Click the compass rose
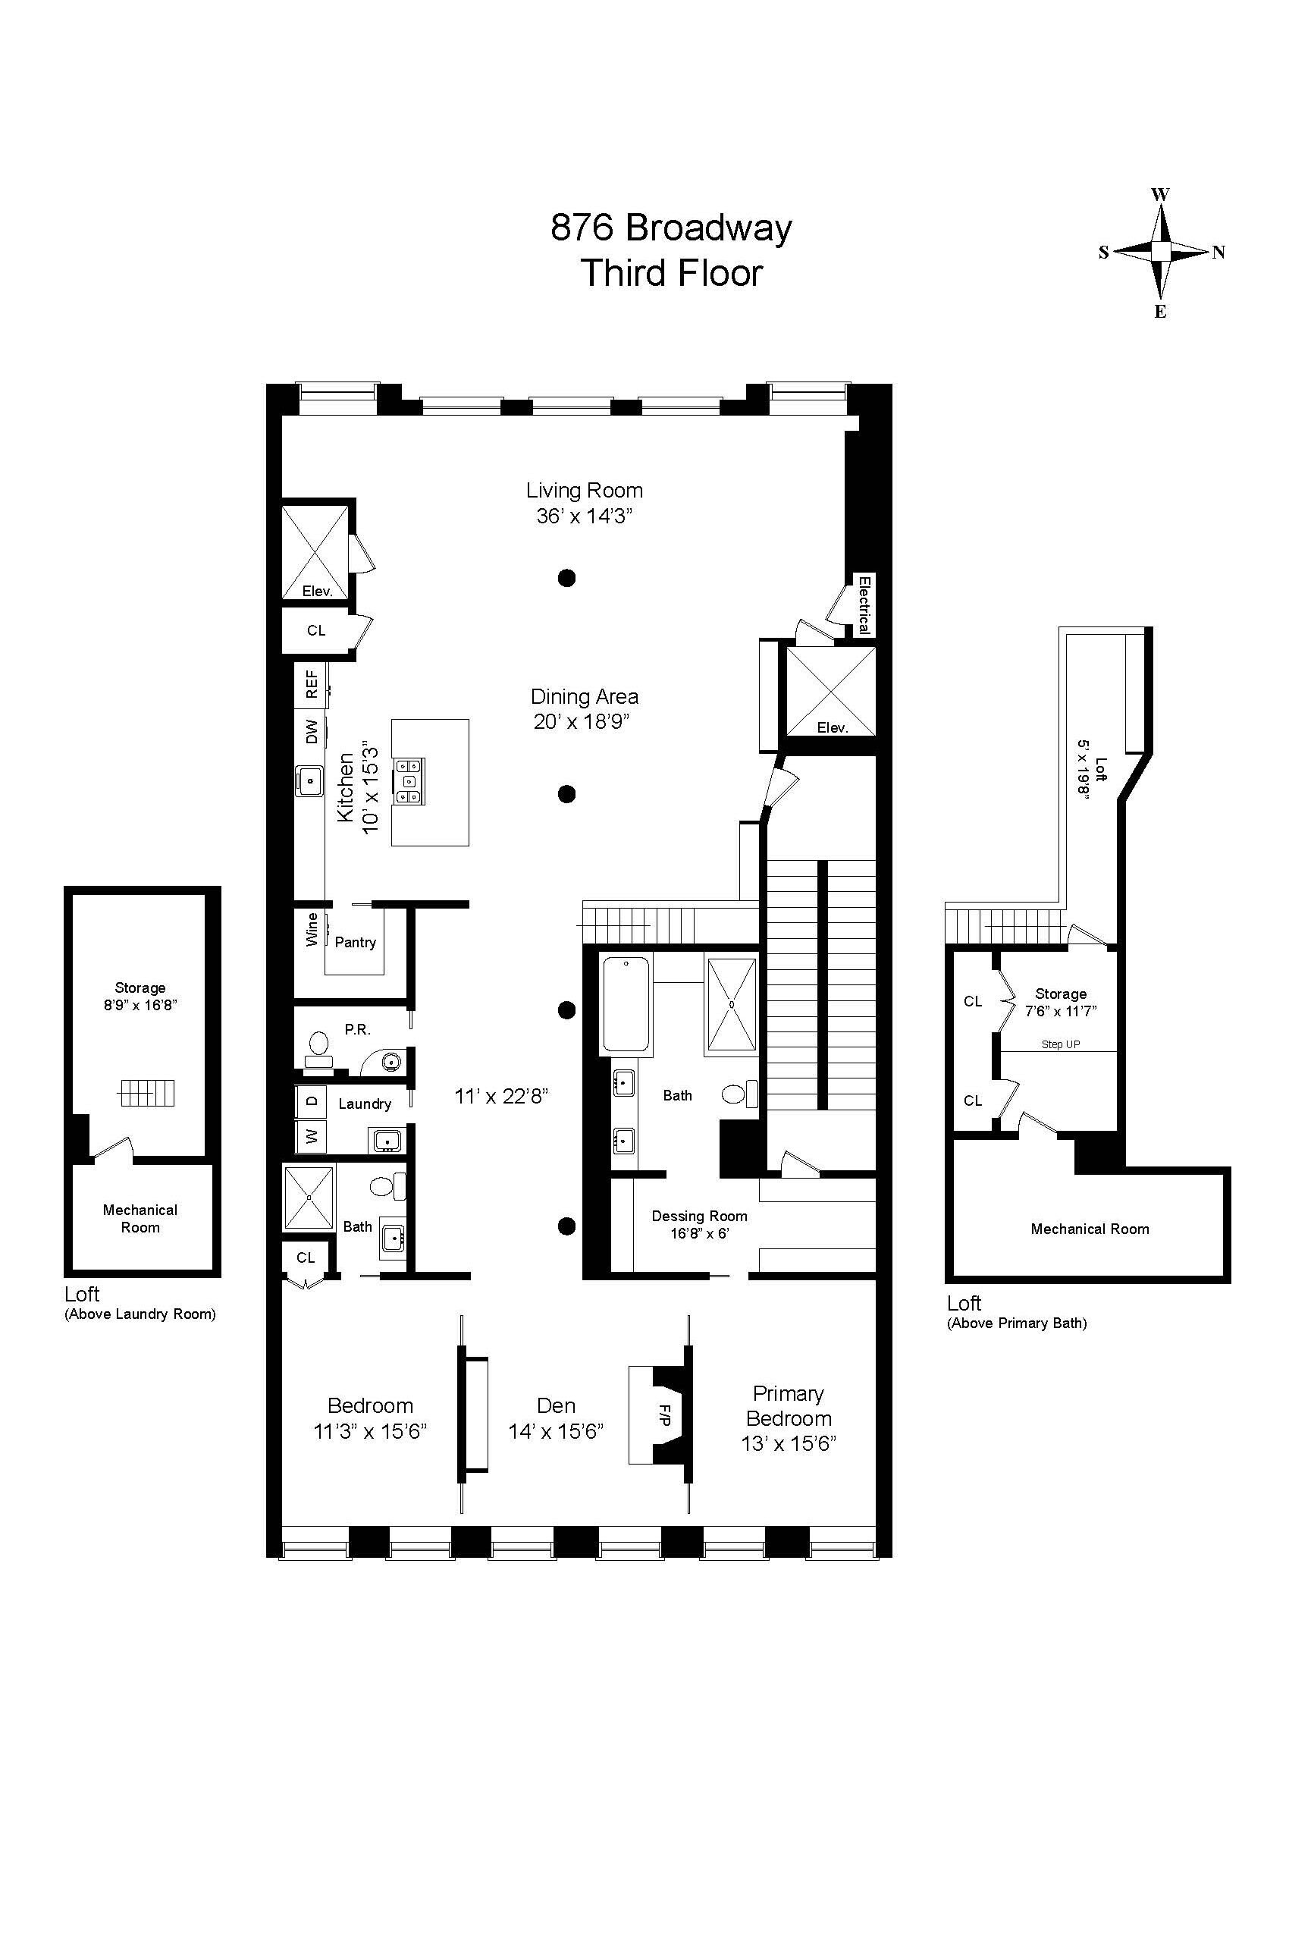(x=1160, y=252)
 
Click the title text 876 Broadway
(x=671, y=228)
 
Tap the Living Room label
(x=585, y=491)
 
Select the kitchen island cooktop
(x=409, y=780)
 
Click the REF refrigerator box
(x=312, y=684)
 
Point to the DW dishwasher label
(x=312, y=732)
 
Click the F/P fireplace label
(x=665, y=1414)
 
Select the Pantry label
(x=355, y=942)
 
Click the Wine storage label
(x=312, y=929)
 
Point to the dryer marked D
(x=312, y=1100)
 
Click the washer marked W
(x=312, y=1136)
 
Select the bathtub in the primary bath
(x=626, y=1004)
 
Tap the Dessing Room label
(x=700, y=1217)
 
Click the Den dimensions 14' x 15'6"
(x=556, y=1432)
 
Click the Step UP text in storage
(x=1061, y=1044)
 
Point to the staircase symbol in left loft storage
(x=147, y=1093)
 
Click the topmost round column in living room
(x=566, y=578)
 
